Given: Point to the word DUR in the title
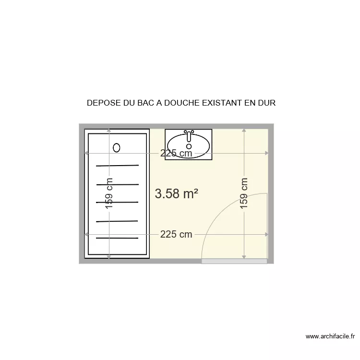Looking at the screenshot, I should pos(267,103).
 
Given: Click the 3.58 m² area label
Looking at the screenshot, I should pos(177,193).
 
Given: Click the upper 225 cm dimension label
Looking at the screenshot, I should pos(176,153).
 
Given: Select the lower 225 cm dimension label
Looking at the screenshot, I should pos(176,234).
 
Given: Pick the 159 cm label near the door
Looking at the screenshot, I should pos(244,193).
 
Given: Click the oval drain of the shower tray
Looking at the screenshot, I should pos(117,147).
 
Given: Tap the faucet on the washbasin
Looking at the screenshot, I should pos(189,132).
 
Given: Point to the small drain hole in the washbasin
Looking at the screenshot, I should pos(189,146).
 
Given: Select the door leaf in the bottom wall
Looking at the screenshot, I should pos(234,261).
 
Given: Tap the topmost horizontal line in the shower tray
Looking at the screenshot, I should pos(118,166).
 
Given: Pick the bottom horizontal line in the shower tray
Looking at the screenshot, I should pos(118,238).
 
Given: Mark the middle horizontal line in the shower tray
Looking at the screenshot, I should pos(118,202).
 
